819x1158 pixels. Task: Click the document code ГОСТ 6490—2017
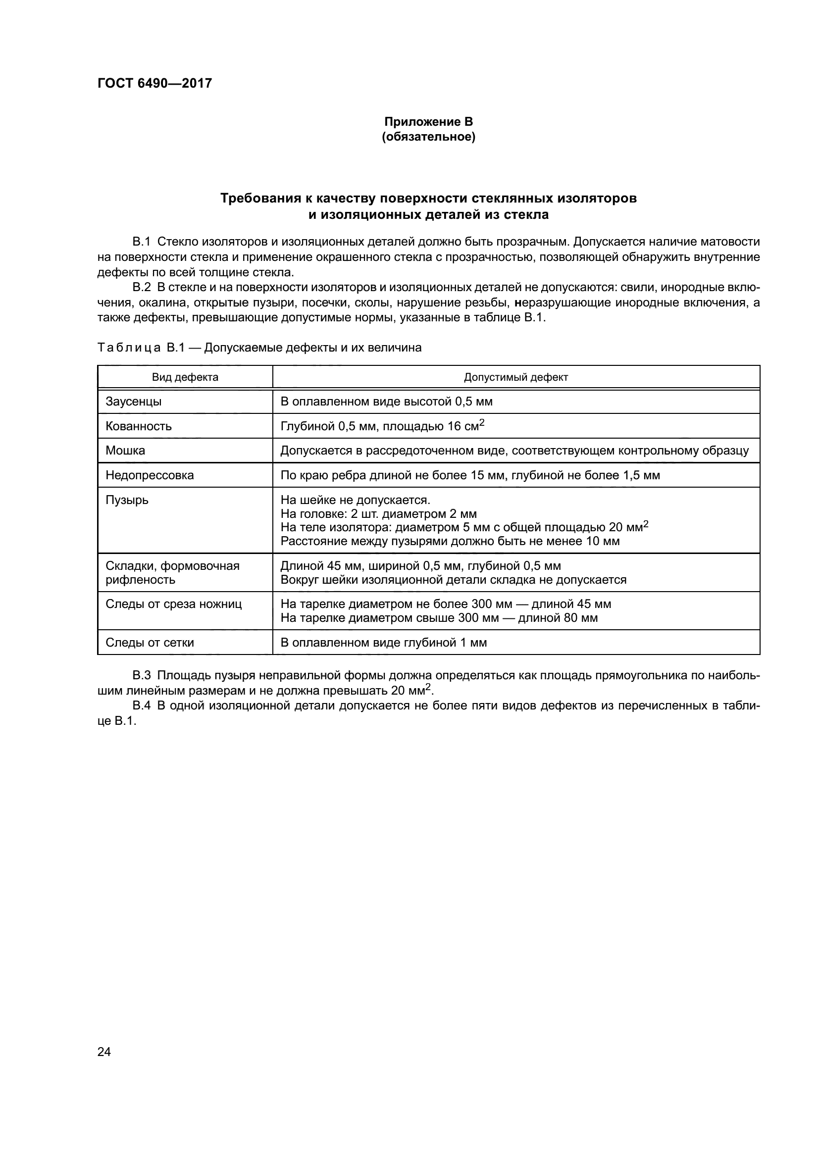(154, 83)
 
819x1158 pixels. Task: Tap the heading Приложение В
(428, 122)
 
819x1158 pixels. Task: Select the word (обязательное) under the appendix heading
(428, 137)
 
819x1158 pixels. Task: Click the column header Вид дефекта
(185, 377)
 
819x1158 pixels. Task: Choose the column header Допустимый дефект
(515, 377)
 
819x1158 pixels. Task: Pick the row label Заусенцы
(134, 402)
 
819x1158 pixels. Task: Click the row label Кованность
(139, 426)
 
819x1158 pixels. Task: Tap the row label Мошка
(125, 451)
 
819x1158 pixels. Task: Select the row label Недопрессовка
(150, 475)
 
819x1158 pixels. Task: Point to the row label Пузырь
(127, 500)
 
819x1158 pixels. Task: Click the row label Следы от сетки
(150, 643)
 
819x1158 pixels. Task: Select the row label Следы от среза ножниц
(173, 604)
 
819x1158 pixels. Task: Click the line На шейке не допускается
(355, 500)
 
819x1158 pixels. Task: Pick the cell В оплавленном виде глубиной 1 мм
(383, 643)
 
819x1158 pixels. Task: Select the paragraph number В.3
(142, 675)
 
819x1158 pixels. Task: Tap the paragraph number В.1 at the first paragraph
(142, 242)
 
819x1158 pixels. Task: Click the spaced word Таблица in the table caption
(129, 348)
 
